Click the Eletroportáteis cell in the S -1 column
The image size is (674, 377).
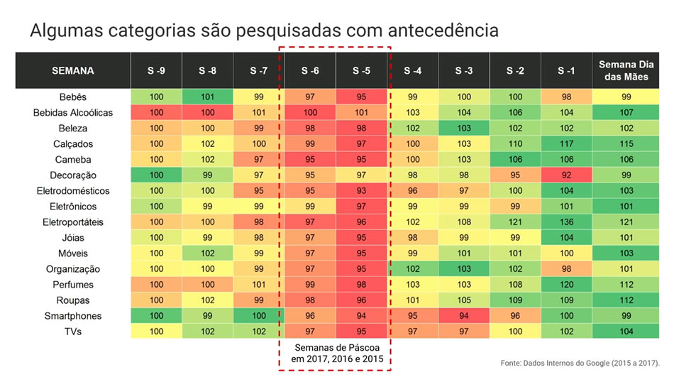565,222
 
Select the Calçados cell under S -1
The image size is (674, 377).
565,144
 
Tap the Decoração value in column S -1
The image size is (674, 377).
565,175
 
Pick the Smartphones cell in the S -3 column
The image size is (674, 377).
464,316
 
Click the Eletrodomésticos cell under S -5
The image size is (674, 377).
362,191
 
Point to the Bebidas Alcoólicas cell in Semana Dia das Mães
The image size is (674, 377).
624,113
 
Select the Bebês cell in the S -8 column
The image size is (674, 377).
208,97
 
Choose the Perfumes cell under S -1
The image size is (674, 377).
565,285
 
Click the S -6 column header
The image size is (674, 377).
310,71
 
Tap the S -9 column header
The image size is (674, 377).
156,71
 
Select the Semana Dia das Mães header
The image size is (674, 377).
624,71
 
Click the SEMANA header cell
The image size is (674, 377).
72,71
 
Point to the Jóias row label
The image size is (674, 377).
73,238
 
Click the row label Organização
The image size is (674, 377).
73,269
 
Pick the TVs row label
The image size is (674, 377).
73,332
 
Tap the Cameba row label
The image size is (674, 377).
73,160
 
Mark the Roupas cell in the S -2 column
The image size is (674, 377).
515,300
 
